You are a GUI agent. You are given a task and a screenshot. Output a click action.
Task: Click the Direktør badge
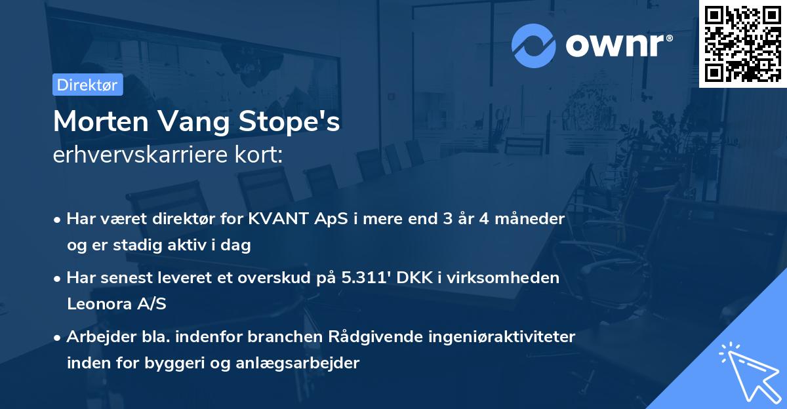[87, 85]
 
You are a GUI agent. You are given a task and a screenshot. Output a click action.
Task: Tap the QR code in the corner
[742, 43]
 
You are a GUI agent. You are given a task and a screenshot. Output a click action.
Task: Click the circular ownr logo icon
[534, 46]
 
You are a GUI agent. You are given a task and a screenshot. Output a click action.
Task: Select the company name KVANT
[274, 219]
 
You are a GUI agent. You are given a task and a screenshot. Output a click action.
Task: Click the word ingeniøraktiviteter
[509, 337]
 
